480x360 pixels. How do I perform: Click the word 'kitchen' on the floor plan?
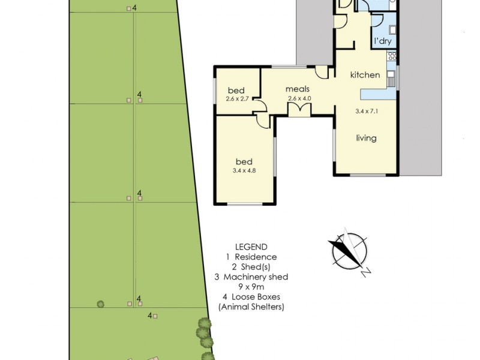pos(365,75)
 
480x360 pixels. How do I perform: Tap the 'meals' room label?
pos(298,89)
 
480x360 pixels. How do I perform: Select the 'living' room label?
pos(366,138)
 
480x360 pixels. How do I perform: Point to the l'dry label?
pos(382,41)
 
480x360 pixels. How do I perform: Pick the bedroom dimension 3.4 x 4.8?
pos(244,170)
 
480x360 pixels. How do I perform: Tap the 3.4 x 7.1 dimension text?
pos(367,111)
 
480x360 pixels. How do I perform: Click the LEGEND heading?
pos(251,247)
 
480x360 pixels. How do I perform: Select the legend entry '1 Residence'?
pos(251,257)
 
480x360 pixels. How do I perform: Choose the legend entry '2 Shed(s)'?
pos(251,266)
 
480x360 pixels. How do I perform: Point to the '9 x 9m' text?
pos(251,287)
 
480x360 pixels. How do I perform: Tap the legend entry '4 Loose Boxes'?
pos(251,297)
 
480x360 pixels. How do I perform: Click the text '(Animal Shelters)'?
pos(251,307)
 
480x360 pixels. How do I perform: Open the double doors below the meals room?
pos(299,109)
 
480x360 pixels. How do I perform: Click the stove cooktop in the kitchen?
pos(392,57)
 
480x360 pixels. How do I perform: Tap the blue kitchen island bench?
pos(378,94)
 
